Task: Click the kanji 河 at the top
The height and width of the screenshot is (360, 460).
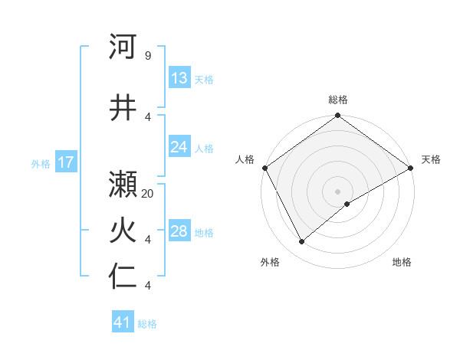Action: [x=123, y=47]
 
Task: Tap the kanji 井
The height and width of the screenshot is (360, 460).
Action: [x=123, y=106]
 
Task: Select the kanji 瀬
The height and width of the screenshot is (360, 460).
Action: [x=123, y=184]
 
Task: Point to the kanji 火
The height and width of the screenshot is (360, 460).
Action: [x=123, y=231]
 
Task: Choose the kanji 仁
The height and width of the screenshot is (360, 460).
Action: [x=123, y=277]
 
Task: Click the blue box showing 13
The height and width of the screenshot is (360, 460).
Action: [x=179, y=78]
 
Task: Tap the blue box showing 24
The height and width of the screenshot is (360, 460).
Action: [x=179, y=147]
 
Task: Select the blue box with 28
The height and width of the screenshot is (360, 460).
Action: [x=179, y=231]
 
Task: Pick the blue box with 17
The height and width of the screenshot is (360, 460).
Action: [x=66, y=162]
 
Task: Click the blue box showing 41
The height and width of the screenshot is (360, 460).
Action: [x=123, y=322]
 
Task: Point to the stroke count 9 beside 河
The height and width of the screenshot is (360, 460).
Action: [x=147, y=57]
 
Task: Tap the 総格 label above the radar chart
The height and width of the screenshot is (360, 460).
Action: [x=338, y=100]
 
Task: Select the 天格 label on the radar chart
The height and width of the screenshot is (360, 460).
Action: [x=431, y=159]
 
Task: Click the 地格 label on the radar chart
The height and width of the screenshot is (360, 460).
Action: [x=402, y=262]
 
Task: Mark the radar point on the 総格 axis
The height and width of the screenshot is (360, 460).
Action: [x=338, y=116]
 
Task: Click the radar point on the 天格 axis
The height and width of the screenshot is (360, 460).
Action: [x=411, y=168]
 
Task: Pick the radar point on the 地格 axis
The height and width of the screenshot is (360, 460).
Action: [x=347, y=204]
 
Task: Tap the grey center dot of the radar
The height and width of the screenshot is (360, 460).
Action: [x=338, y=191]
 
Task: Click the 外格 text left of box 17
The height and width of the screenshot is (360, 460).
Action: [x=41, y=163]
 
